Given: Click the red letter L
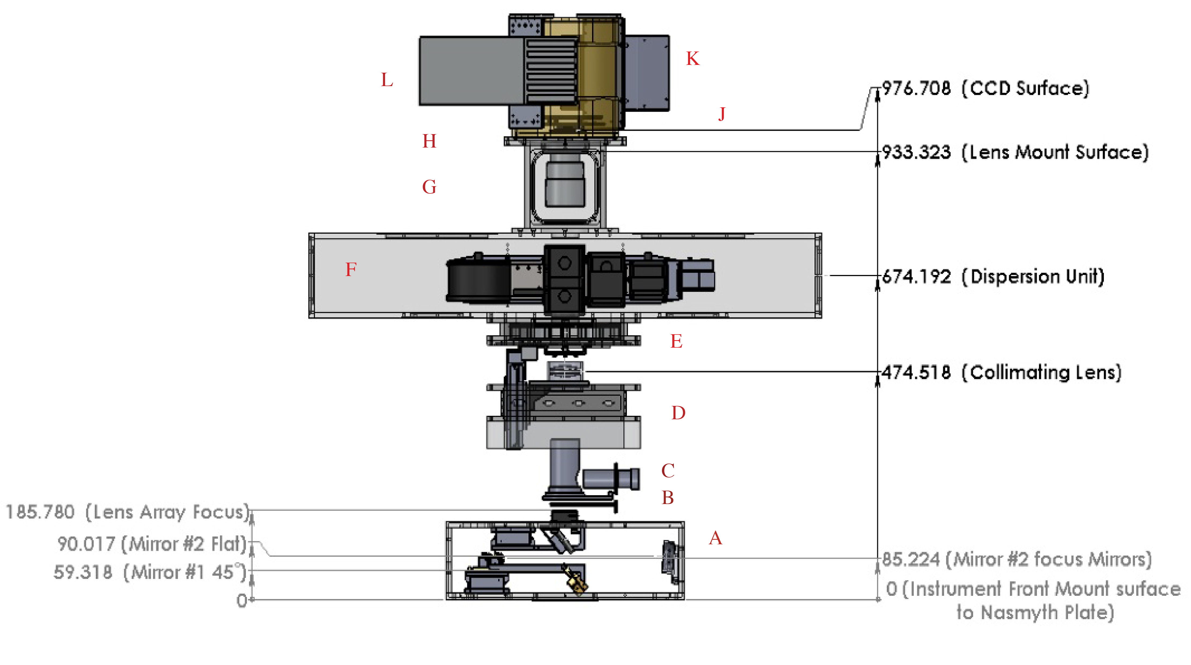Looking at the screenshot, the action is (387, 80).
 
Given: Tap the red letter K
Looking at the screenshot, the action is (693, 59).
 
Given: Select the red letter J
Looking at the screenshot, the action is (722, 114).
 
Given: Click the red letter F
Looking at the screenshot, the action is (351, 269).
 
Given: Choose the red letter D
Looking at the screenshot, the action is (678, 413).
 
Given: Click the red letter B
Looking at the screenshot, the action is (668, 498).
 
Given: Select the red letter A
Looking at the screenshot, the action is (715, 538).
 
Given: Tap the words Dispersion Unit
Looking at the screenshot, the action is (1037, 277).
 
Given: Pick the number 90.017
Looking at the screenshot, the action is (86, 544).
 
